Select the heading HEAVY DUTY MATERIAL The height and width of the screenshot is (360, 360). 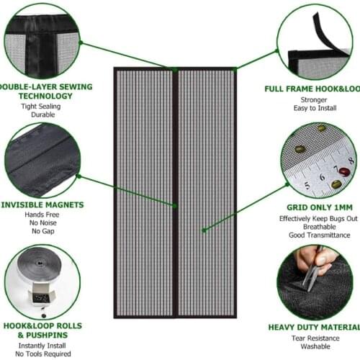pyautogui.click(x=314, y=327)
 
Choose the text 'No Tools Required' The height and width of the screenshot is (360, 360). pyautogui.click(x=45, y=354)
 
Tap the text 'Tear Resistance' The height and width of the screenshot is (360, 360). pyautogui.click(x=314, y=338)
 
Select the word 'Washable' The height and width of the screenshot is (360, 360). pyautogui.click(x=314, y=348)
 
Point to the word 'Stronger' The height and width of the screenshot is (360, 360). pyautogui.click(x=314, y=101)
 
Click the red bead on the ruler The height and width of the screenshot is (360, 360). pyautogui.click(x=344, y=172)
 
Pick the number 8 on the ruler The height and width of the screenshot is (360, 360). pyautogui.click(x=351, y=161)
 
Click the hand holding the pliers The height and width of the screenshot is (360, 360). pyautogui.click(x=317, y=258)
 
